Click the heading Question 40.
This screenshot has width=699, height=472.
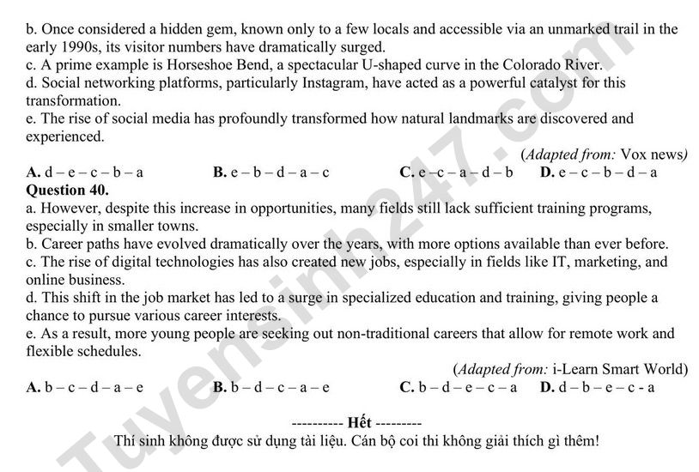68,189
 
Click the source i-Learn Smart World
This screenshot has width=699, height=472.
619,369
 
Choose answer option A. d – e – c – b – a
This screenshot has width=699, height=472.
85,172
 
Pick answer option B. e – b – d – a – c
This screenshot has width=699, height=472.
270,172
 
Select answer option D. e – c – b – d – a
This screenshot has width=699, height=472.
599,172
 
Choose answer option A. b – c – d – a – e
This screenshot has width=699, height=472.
85,387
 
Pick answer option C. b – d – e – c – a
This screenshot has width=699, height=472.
458,387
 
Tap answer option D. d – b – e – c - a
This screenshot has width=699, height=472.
598,387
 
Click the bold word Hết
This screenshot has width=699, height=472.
357,424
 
